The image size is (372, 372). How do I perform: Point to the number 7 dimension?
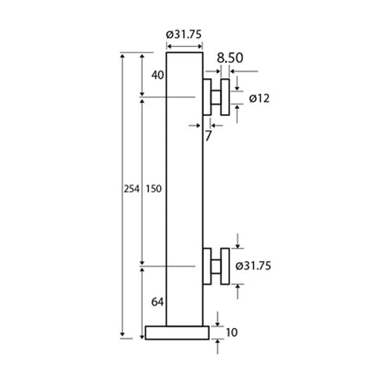pyautogui.click(x=208, y=135)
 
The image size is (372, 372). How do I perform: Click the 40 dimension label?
pyautogui.click(x=157, y=74)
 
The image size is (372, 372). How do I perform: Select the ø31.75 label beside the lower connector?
pyautogui.click(x=253, y=266)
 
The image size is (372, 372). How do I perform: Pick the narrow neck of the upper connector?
pyautogui.click(x=216, y=97)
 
